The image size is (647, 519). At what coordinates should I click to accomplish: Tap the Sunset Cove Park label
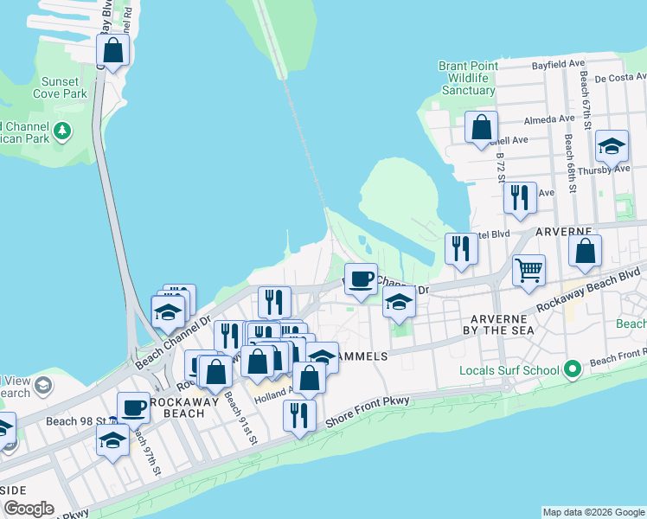pyautogui.click(x=60, y=87)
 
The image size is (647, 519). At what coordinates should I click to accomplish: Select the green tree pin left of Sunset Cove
pyautogui.click(x=61, y=131)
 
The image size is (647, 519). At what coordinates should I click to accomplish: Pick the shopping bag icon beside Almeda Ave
pyautogui.click(x=481, y=128)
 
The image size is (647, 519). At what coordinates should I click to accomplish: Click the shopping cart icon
pyautogui.click(x=528, y=270)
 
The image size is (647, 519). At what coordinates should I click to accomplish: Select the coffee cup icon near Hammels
pyautogui.click(x=361, y=279)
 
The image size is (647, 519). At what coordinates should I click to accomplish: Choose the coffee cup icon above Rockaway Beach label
pyautogui.click(x=133, y=407)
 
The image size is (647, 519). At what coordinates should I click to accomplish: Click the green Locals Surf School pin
pyautogui.click(x=572, y=370)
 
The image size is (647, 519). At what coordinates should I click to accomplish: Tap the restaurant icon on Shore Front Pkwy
pyautogui.click(x=299, y=415)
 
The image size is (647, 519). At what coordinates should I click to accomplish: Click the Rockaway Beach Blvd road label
pyautogui.click(x=587, y=297)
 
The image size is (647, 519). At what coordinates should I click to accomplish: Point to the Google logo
pyautogui.click(x=29, y=509)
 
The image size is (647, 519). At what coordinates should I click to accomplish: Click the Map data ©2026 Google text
pyautogui.click(x=593, y=512)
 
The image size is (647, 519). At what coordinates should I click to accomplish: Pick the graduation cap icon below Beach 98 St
pyautogui.click(x=112, y=442)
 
